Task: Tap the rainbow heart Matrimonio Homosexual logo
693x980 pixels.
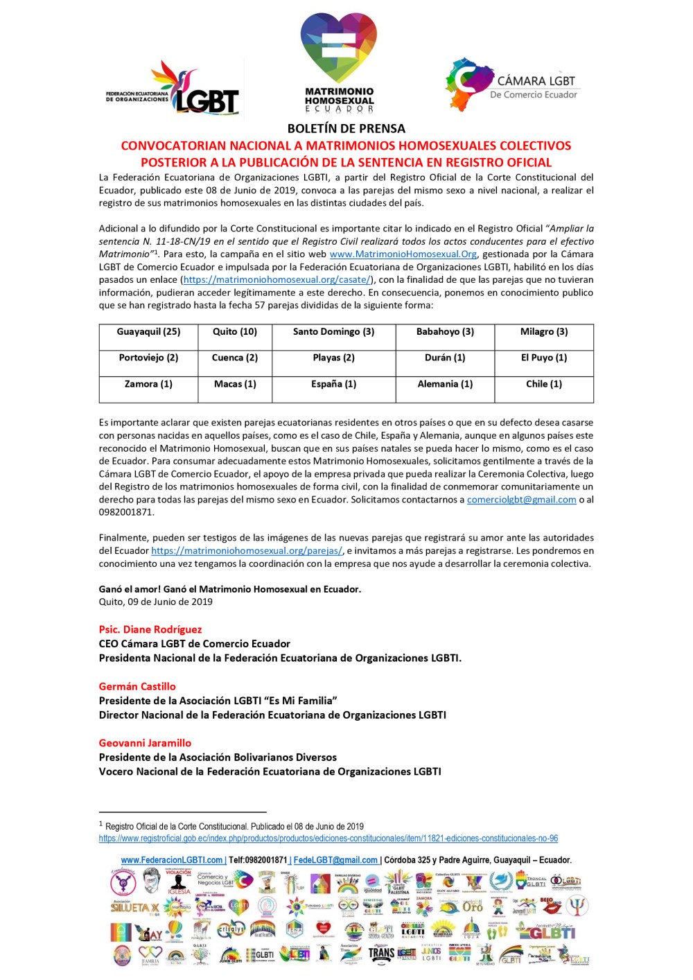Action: pyautogui.click(x=339, y=62)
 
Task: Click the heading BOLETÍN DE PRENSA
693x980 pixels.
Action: pyautogui.click(x=346, y=128)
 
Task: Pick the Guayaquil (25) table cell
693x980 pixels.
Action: pyautogui.click(x=148, y=332)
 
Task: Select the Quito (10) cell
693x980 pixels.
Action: pyautogui.click(x=235, y=332)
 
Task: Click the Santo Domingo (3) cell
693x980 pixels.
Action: pyautogui.click(x=333, y=332)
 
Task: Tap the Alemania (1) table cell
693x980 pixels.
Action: pyautogui.click(x=445, y=384)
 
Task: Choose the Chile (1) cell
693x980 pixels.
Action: pyautogui.click(x=544, y=384)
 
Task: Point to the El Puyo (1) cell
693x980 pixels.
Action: pyautogui.click(x=544, y=358)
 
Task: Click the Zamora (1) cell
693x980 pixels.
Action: pyautogui.click(x=148, y=384)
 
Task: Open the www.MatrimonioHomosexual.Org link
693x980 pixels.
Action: pyautogui.click(x=403, y=254)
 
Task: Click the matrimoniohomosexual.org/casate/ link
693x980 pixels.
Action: pyautogui.click(x=277, y=280)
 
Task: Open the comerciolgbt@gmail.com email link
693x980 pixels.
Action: pyautogui.click(x=521, y=500)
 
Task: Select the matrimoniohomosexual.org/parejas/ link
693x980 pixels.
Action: pyautogui.click(x=247, y=551)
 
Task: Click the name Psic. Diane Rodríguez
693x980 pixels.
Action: pyautogui.click(x=150, y=629)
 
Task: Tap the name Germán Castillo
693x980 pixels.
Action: pyautogui.click(x=137, y=686)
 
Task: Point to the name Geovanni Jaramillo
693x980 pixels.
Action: pyautogui.click(x=145, y=743)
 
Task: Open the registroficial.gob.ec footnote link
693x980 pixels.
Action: pyautogui.click(x=328, y=839)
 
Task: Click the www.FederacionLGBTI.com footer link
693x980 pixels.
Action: pyautogui.click(x=173, y=860)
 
